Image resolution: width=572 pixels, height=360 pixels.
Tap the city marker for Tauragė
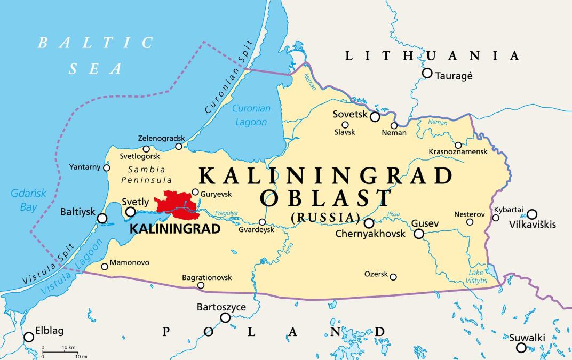(427, 73)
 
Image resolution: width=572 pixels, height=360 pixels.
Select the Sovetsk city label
(350, 114)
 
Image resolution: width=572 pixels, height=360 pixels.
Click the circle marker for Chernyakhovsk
(369, 223)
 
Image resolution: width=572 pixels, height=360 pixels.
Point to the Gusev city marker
(419, 234)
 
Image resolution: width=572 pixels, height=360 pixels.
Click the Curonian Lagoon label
(252, 115)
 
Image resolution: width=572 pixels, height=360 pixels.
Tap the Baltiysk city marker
(101, 218)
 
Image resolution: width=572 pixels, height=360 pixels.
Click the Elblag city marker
(29, 337)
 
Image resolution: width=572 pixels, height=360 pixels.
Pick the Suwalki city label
(527, 337)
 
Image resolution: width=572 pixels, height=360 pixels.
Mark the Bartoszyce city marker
(225, 318)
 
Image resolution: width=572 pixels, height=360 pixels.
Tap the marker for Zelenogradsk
(179, 146)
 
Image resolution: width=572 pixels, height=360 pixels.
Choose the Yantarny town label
(84, 167)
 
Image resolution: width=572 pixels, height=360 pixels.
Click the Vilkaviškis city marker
(531, 214)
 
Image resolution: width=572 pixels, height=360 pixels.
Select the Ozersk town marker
(393, 277)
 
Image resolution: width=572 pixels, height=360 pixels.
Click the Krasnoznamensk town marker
(458, 145)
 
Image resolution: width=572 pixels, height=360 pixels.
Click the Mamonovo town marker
(105, 266)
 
